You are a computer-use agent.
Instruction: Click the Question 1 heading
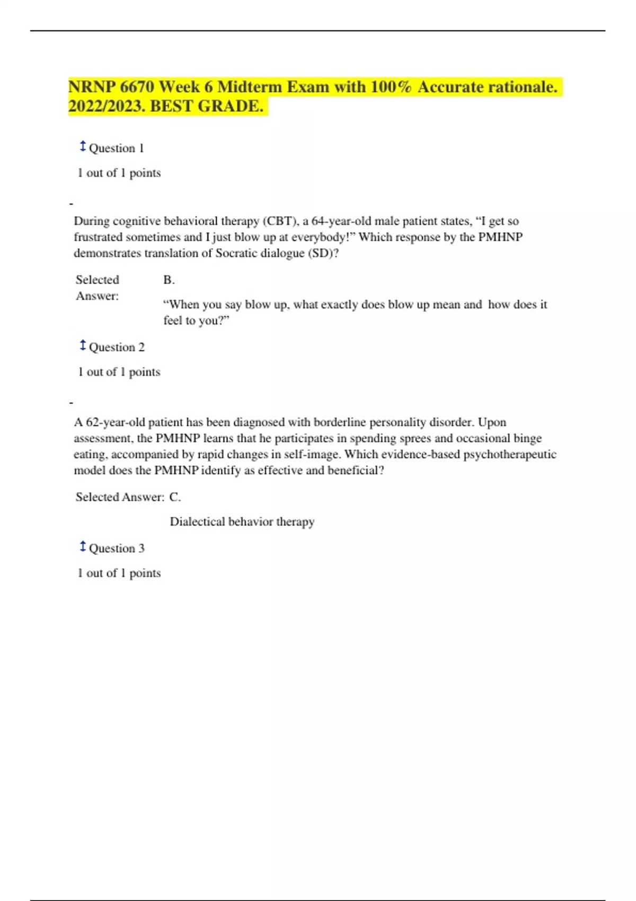[116, 148]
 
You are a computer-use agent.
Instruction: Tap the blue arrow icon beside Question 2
[83, 346]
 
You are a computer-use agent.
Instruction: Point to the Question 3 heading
[117, 549]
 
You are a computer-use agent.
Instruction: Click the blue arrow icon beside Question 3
[83, 546]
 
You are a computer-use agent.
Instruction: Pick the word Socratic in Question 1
[236, 253]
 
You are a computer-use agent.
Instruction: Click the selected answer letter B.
[169, 280]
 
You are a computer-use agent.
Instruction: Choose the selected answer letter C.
[175, 497]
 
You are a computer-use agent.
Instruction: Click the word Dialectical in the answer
[197, 522]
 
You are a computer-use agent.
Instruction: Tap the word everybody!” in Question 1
[323, 237]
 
